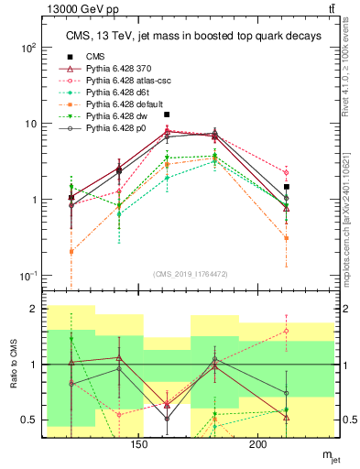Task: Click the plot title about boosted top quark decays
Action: click(193, 36)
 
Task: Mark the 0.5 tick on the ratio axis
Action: click(35, 420)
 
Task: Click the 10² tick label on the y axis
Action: click(30, 48)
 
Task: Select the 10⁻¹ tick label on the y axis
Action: click(30, 276)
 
